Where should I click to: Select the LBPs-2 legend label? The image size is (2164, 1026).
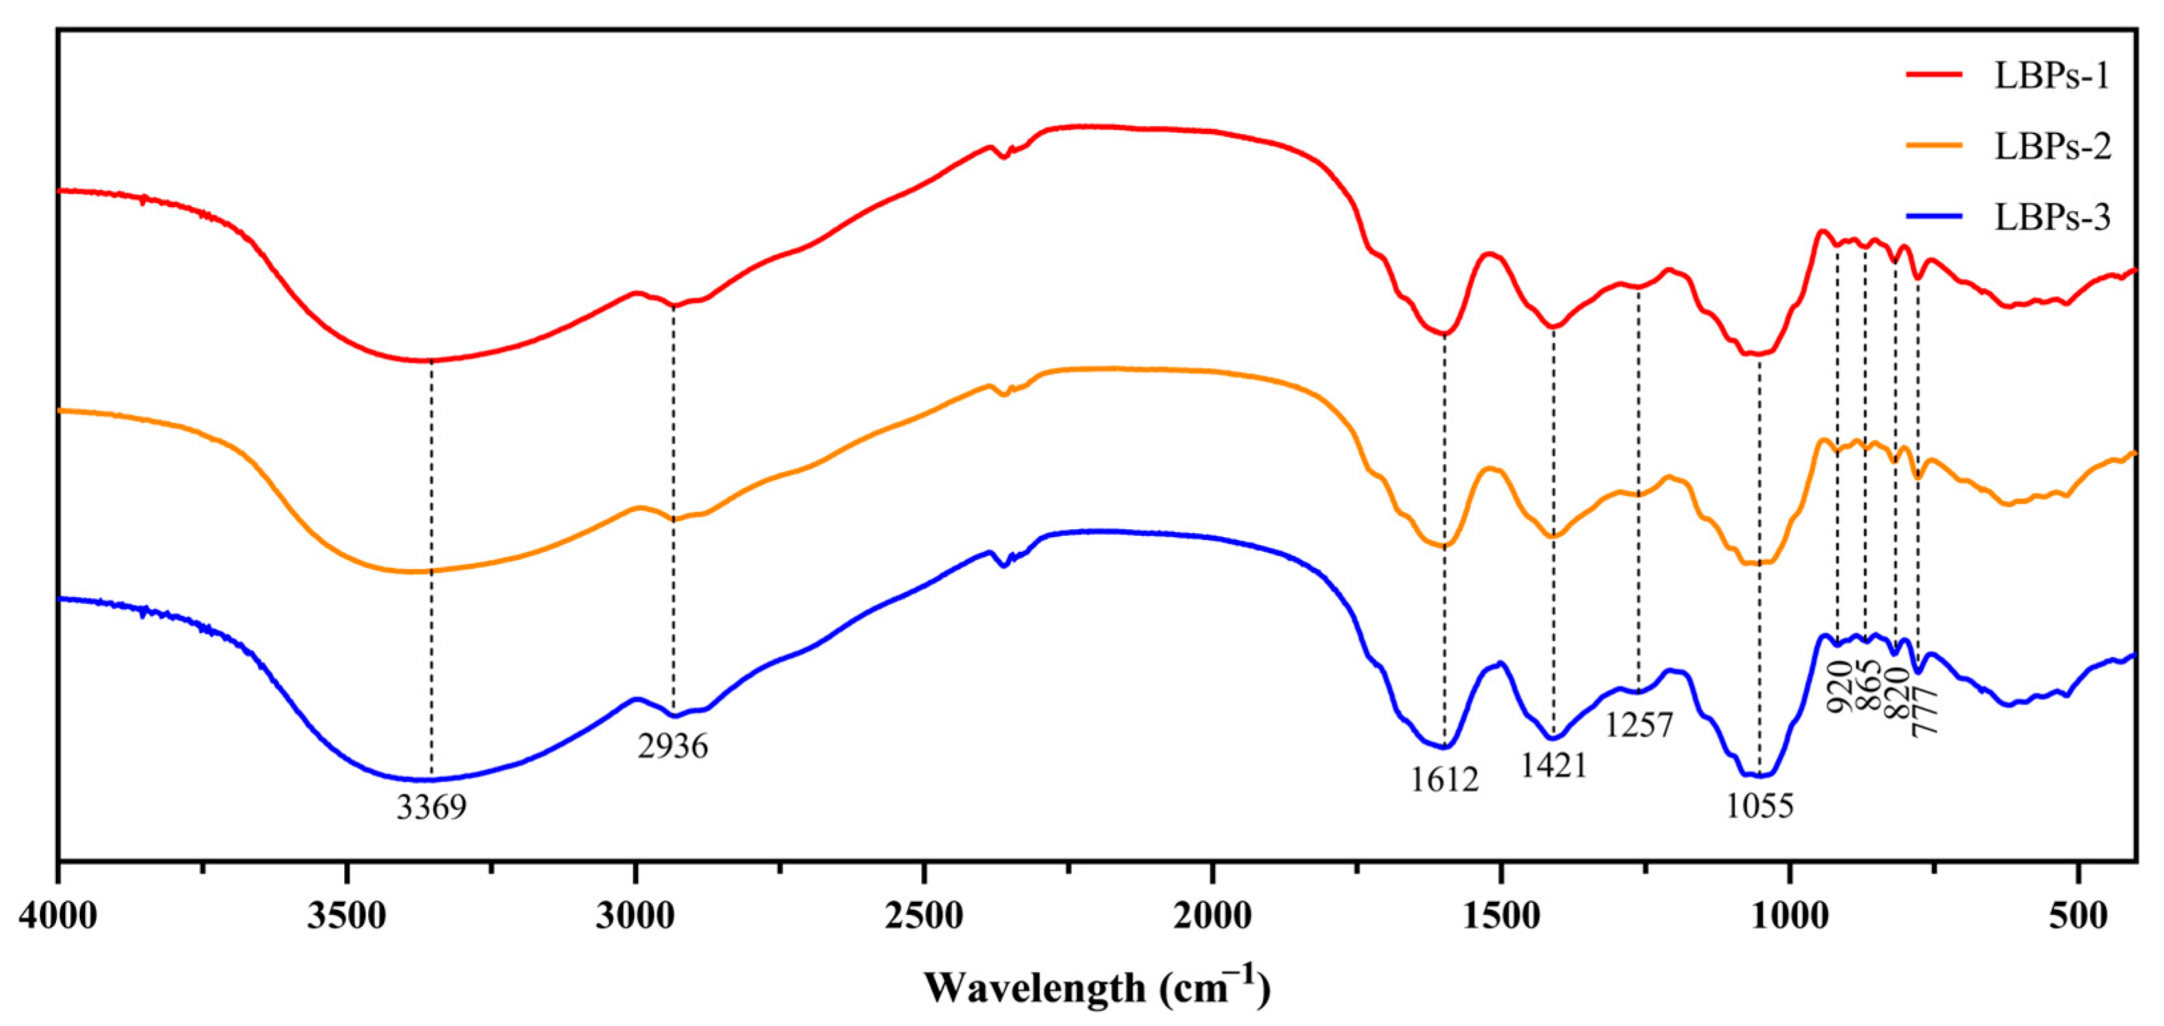2052,146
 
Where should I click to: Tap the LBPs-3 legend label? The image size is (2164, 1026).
2052,217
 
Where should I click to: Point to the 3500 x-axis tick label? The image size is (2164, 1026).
346,916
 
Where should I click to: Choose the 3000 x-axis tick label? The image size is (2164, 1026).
635,916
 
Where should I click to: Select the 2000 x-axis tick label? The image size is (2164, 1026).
1212,916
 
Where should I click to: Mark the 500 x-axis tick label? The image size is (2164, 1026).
2078,916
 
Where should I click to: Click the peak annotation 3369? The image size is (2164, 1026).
431,807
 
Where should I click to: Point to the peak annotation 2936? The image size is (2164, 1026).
672,746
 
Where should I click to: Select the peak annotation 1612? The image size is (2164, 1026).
1444,780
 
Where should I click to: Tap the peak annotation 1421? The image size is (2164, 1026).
1553,766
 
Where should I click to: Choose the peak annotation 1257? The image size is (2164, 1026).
1639,724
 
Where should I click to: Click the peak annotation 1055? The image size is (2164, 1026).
1759,806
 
